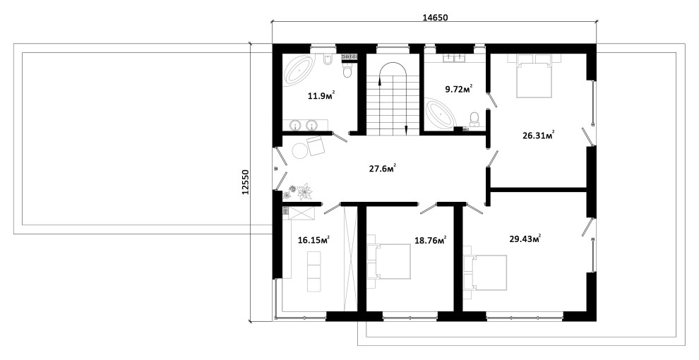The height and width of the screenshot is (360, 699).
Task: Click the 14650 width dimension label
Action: click(x=435, y=18)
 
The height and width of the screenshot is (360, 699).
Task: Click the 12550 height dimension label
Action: click(x=245, y=182)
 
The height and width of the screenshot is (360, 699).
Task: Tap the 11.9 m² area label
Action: click(x=321, y=95)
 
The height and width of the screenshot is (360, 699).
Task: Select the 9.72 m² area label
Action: click(x=459, y=89)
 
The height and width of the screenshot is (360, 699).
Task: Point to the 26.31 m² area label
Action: click(x=539, y=135)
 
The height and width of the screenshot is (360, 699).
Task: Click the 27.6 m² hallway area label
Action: click(x=383, y=169)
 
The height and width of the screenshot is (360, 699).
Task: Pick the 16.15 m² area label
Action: click(x=313, y=240)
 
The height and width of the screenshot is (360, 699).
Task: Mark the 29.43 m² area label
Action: click(x=525, y=239)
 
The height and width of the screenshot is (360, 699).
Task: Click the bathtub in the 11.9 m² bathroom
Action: click(x=299, y=70)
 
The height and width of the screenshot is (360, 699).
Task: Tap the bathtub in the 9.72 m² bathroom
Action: click(x=441, y=114)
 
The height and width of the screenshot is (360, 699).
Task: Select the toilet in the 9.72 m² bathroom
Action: click(x=474, y=118)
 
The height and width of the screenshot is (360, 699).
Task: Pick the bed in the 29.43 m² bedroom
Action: click(x=485, y=272)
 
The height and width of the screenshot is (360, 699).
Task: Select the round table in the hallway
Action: click(x=299, y=150)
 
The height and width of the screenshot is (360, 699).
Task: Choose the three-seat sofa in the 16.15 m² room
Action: click(x=313, y=271)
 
